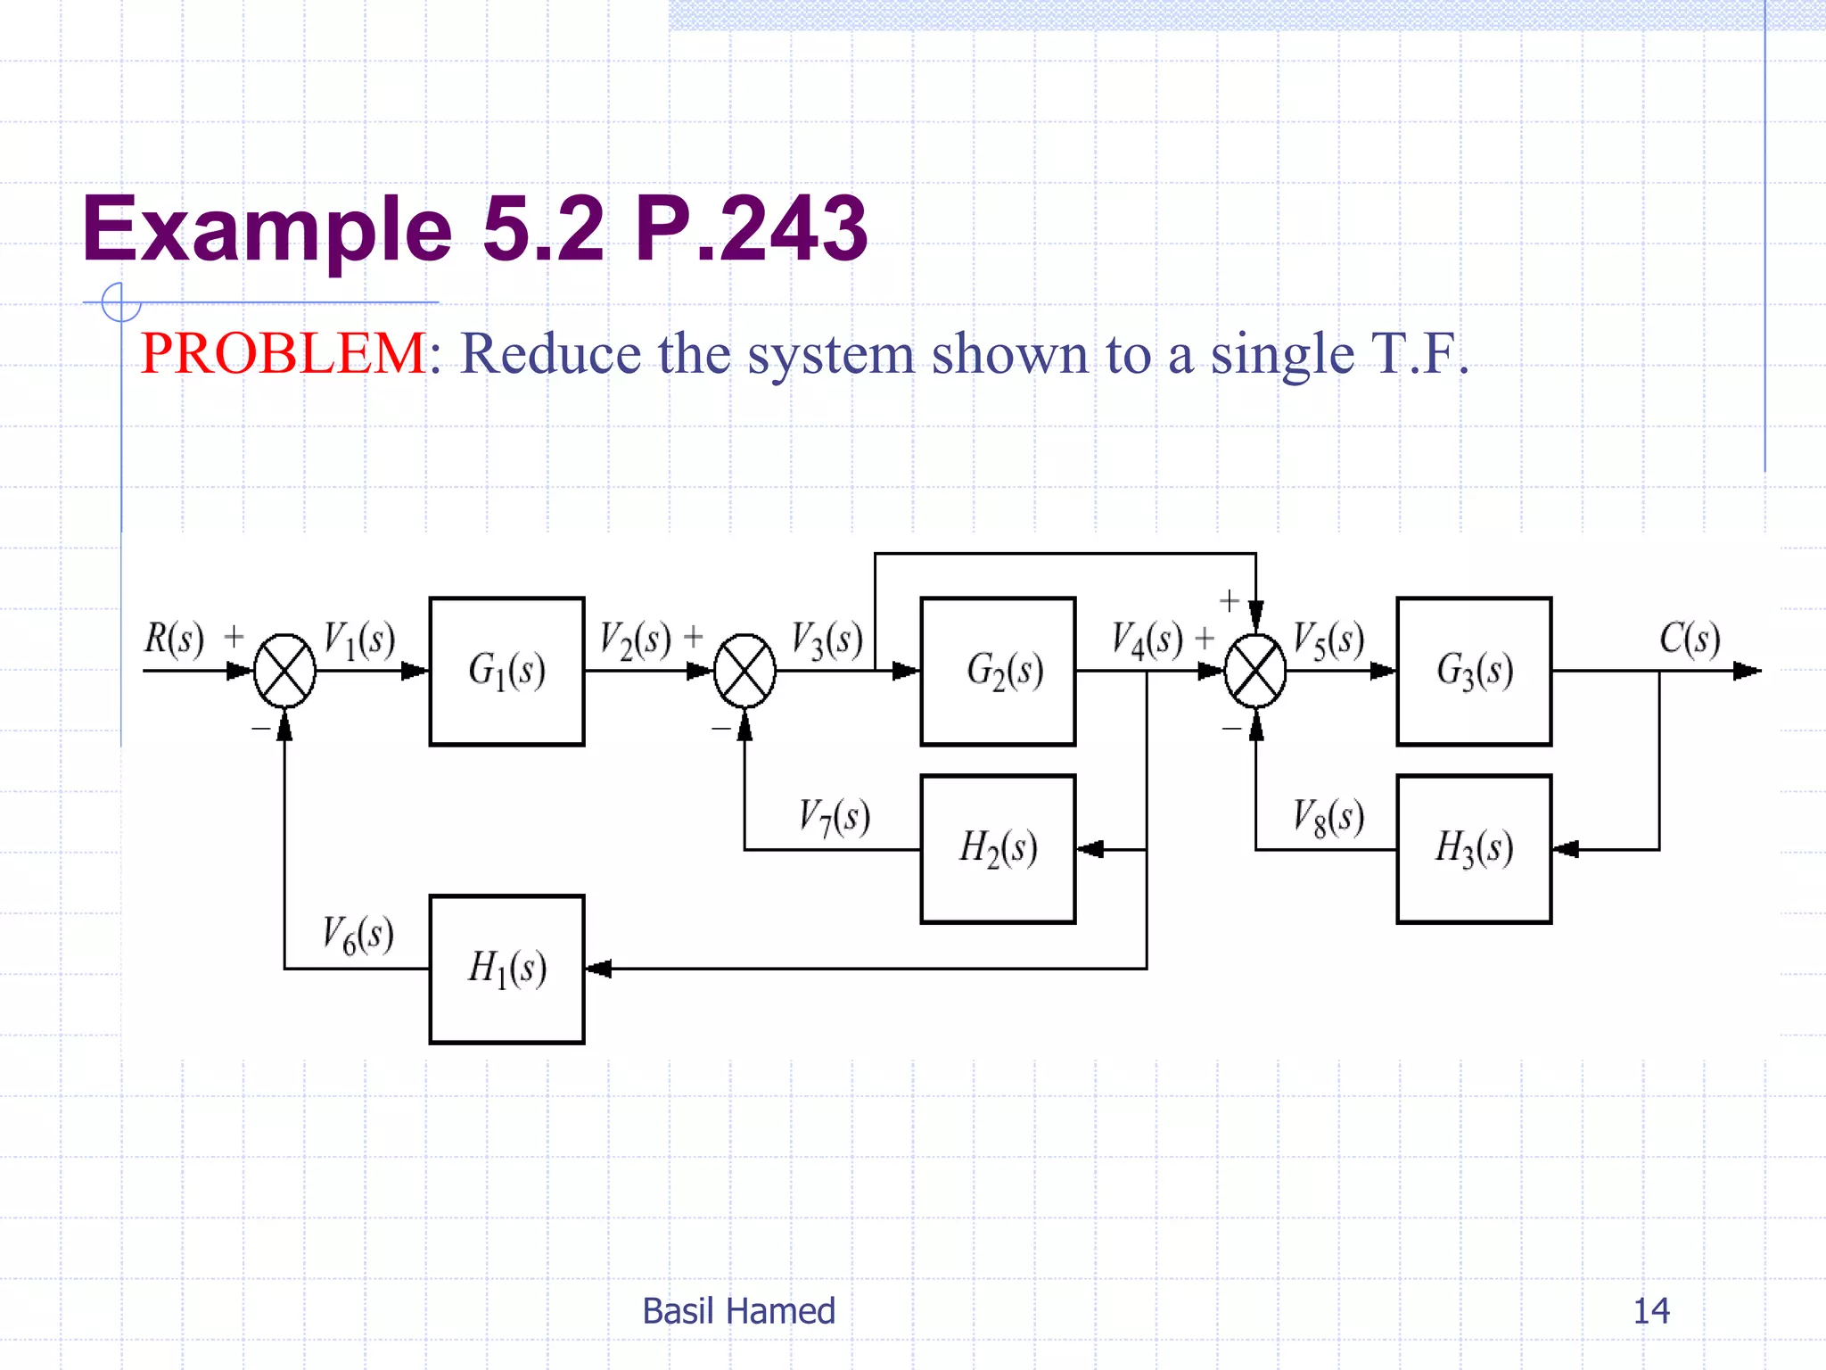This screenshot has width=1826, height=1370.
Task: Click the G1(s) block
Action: (x=506, y=671)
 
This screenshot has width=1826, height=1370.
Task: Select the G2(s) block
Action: (x=998, y=671)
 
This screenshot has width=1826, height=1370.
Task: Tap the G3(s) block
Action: (x=1474, y=671)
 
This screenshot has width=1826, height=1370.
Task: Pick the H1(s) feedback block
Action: (x=506, y=969)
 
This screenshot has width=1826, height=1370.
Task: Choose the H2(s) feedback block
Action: (x=998, y=848)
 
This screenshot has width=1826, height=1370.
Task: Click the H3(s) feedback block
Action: (x=1474, y=848)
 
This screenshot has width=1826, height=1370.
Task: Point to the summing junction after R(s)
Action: (x=284, y=671)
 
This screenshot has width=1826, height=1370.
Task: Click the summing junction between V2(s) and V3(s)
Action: (x=744, y=671)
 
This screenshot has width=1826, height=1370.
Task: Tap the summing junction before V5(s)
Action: (x=1255, y=671)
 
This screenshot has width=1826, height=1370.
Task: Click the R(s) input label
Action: (x=174, y=639)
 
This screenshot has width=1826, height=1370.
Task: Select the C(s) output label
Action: (x=1690, y=639)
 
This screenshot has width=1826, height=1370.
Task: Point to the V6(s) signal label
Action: (x=358, y=935)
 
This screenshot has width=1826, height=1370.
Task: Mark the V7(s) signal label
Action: (x=834, y=817)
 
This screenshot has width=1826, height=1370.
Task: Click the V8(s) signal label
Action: (x=1328, y=817)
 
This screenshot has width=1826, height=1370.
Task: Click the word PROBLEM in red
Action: (x=284, y=353)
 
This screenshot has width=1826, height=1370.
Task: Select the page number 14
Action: (x=1650, y=1310)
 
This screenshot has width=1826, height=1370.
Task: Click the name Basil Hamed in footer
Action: (x=738, y=1310)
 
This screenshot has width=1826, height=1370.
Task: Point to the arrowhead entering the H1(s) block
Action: (x=597, y=969)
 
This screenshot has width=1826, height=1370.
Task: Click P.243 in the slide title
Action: (x=750, y=229)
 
